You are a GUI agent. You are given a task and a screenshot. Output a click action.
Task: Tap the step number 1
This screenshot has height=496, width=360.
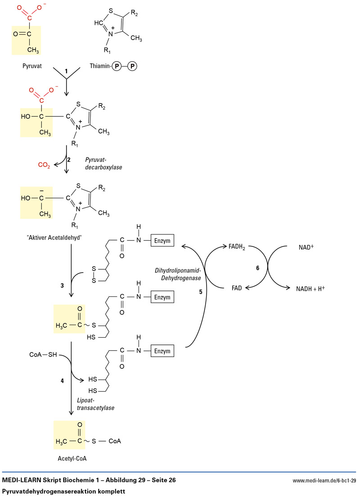click(66, 72)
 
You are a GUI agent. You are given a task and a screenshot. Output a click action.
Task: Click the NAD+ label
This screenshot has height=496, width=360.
click(306, 247)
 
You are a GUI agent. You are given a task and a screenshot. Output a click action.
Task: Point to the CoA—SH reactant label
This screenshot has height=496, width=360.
click(43, 355)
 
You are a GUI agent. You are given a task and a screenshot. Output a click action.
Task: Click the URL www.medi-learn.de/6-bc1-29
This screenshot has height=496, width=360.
click(324, 481)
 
